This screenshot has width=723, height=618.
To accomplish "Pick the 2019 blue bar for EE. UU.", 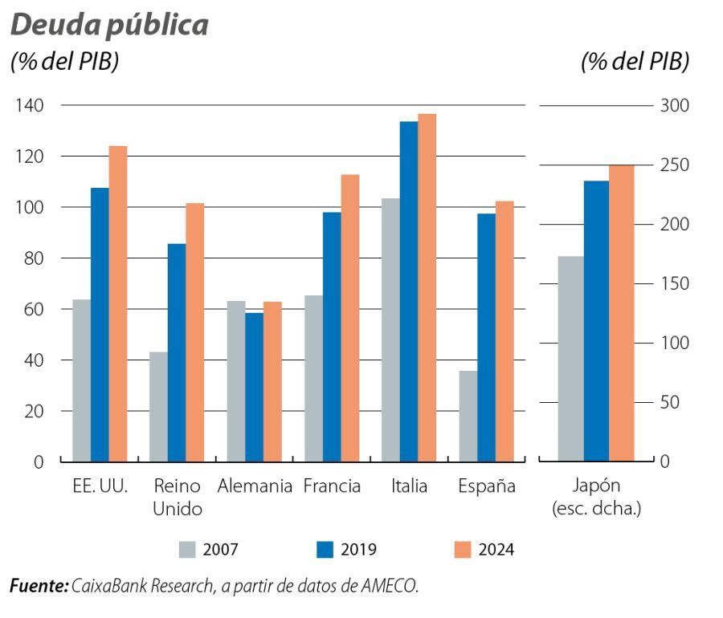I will coord(100,324).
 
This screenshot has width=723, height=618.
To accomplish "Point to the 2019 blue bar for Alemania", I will coord(254,387).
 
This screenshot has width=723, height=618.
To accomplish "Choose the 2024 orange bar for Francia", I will coord(349,318).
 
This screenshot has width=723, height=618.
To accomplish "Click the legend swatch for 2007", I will coord(187,550).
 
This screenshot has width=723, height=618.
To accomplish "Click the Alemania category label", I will coord(254,486).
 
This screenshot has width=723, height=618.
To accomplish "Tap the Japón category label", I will coord(596,486).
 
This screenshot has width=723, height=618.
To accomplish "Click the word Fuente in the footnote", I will coord(37,587).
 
